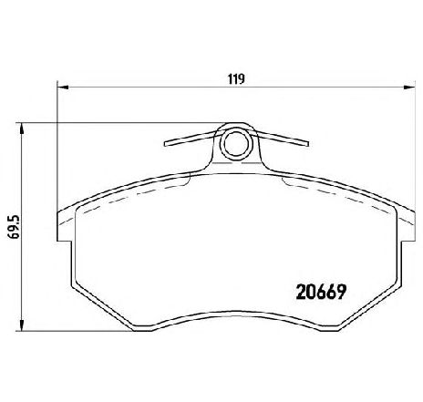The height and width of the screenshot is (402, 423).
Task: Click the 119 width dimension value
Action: click(236, 79)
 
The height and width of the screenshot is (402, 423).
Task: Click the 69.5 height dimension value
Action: click(15, 227)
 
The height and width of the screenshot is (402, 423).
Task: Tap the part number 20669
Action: click(321, 293)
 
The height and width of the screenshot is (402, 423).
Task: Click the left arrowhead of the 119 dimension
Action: click(63, 88)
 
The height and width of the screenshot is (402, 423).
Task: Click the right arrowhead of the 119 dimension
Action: click(409, 88)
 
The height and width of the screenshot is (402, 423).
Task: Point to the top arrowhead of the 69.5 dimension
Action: click(21, 129)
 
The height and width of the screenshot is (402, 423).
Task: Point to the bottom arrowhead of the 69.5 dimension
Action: click(21, 325)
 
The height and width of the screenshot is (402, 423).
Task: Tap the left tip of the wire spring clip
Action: click(165, 144)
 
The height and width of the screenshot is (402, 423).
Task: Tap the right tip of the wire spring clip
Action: click(307, 143)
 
